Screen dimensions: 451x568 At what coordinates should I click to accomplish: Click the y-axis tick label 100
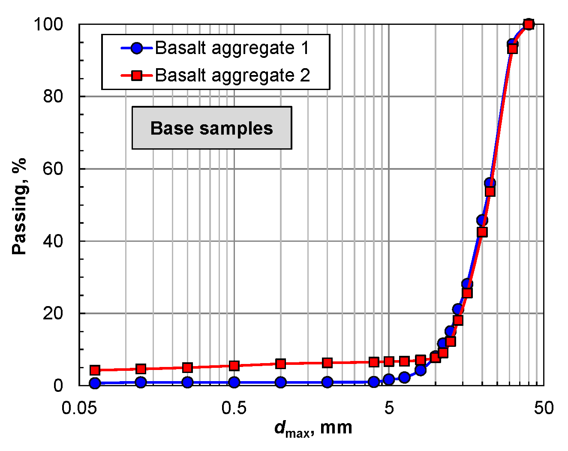click(48, 24)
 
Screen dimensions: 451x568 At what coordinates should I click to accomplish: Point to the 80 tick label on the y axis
click(53, 96)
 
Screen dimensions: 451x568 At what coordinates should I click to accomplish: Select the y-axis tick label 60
click(53, 168)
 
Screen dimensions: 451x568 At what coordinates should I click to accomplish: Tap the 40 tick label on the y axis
click(53, 241)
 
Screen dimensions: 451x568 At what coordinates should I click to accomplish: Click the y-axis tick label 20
click(53, 313)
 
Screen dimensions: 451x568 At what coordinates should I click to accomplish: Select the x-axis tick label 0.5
click(234, 408)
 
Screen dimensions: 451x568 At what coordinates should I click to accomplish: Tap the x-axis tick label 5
click(389, 408)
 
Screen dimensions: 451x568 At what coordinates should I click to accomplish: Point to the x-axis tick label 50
click(544, 408)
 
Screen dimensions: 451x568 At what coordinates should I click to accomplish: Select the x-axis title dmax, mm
click(313, 428)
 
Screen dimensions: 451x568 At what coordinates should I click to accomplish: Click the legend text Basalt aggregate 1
click(232, 48)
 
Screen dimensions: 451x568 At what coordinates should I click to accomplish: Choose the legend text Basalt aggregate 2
click(232, 75)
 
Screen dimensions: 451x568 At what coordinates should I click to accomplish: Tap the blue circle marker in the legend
click(137, 48)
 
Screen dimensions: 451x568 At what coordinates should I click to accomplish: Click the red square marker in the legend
click(137, 76)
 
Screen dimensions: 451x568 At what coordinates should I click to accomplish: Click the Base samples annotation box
click(212, 128)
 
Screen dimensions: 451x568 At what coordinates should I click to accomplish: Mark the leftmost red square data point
click(95, 370)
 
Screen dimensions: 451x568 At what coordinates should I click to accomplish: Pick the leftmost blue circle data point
click(95, 383)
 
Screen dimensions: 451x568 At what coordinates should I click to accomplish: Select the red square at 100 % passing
click(529, 24)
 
